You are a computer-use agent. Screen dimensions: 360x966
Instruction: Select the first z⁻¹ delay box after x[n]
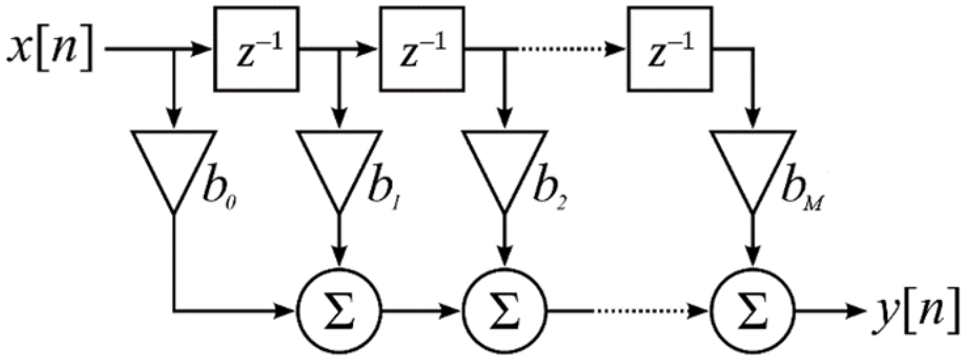click(256, 49)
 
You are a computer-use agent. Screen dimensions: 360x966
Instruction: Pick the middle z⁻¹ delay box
click(422, 49)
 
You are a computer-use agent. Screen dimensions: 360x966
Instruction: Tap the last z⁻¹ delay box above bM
click(670, 49)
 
